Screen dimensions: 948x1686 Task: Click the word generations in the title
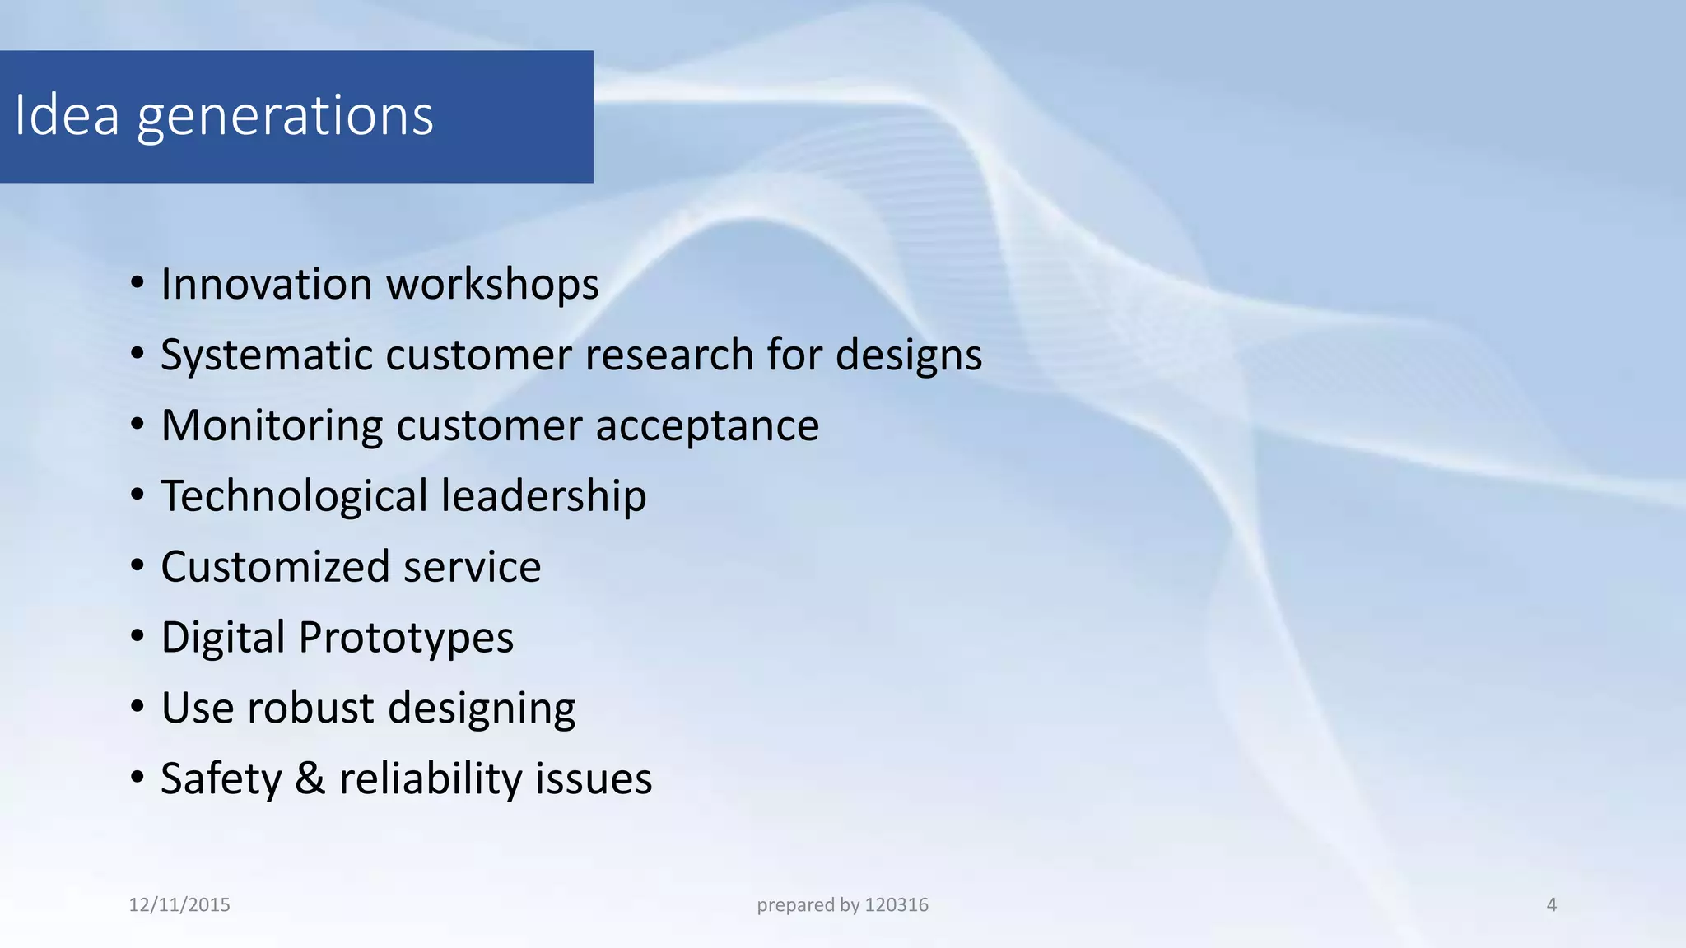285,117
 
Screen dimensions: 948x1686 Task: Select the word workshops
492,286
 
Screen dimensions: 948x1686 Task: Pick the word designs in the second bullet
909,356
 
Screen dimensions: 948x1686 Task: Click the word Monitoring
272,425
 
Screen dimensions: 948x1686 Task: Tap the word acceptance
707,427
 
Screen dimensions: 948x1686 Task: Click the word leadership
543,497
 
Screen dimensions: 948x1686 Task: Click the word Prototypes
406,639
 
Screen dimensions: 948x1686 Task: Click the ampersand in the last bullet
310,778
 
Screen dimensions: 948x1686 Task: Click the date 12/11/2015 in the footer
179,905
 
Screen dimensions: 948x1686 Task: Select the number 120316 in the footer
897,905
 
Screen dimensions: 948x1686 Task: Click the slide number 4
1551,905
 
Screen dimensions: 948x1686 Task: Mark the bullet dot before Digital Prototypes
137,638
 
